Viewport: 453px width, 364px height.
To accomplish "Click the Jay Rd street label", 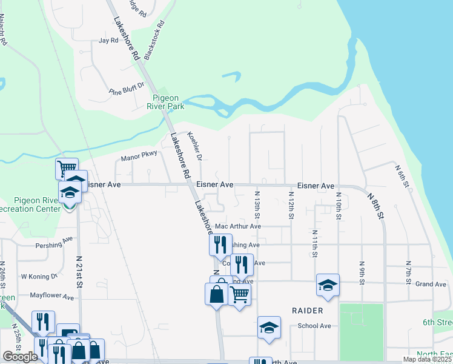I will (108, 41).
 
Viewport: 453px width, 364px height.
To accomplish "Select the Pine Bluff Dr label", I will (127, 89).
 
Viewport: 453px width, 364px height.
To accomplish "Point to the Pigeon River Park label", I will (166, 102).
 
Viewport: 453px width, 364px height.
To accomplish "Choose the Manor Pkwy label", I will (139, 157).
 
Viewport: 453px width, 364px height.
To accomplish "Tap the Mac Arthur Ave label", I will (238, 226).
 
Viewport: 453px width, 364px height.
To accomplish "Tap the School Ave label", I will (314, 326).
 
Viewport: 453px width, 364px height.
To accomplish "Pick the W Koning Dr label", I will (39, 277).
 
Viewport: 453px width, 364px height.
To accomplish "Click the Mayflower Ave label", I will (51, 297).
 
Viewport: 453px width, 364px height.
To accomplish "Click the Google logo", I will (20, 357).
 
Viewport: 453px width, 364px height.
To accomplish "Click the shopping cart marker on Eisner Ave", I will (67, 167).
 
